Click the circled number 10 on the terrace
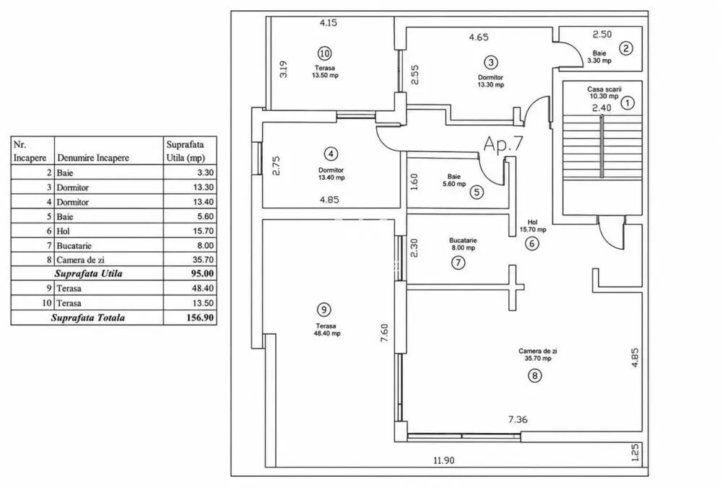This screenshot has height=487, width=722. click(x=325, y=53)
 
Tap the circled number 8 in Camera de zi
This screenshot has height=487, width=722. click(x=534, y=376)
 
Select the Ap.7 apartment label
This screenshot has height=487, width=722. click(x=503, y=144)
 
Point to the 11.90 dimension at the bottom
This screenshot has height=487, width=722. click(x=443, y=460)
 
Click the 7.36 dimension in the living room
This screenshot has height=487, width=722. click(x=518, y=419)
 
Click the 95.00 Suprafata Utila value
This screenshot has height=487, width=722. click(x=202, y=273)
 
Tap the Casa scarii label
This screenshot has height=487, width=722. click(x=604, y=89)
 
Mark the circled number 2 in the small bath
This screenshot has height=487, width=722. click(x=626, y=48)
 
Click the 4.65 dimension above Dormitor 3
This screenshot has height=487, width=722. click(x=479, y=38)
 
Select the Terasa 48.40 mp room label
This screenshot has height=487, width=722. click(x=326, y=330)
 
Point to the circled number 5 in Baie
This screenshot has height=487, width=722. click(x=477, y=191)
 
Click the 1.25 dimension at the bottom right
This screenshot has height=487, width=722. click(x=635, y=452)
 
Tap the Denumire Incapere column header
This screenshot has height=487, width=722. click(x=93, y=158)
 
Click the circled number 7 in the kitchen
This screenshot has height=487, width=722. click(x=458, y=263)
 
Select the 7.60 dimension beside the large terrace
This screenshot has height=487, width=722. click(x=385, y=333)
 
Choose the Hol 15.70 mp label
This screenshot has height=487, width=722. click(x=533, y=226)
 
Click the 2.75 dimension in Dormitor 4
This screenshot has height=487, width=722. click(x=276, y=166)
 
